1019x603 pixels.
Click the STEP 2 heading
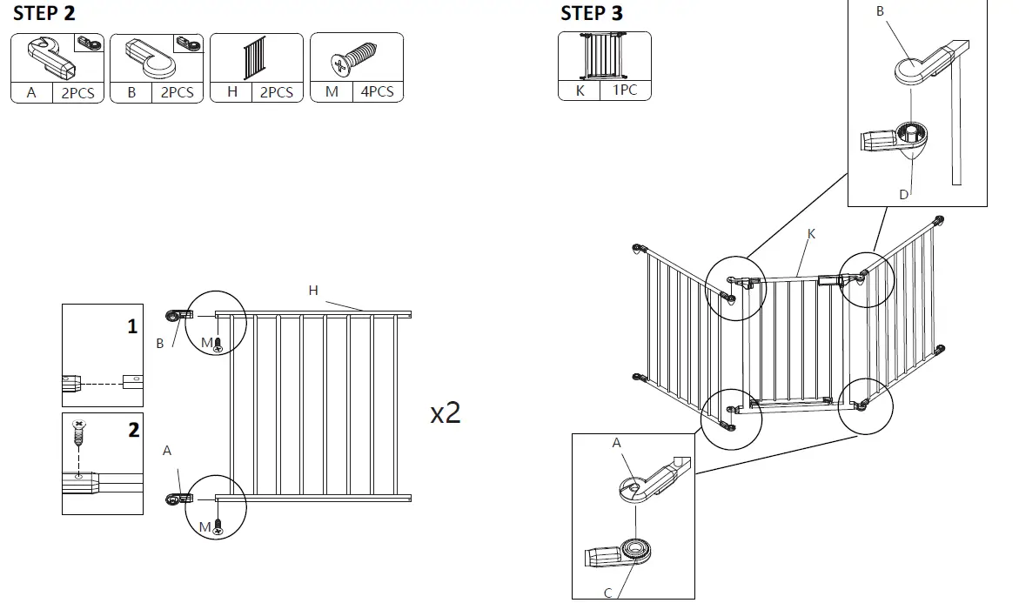44,13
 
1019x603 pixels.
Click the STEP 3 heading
592,13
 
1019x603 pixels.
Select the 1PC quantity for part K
625,90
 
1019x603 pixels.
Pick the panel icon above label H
256,58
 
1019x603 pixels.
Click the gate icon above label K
604,57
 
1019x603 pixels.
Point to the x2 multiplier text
446,412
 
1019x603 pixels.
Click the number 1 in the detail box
132,327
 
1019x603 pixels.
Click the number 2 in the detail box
133,431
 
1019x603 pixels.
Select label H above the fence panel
313,291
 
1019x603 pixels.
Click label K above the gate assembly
811,234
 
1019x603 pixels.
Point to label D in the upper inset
903,194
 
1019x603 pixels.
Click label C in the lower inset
607,593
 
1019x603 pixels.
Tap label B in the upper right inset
879,11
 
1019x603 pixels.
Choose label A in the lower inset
616,443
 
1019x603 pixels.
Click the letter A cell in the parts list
31,92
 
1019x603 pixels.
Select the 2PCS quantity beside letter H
277,92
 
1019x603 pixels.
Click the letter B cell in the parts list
131,92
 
